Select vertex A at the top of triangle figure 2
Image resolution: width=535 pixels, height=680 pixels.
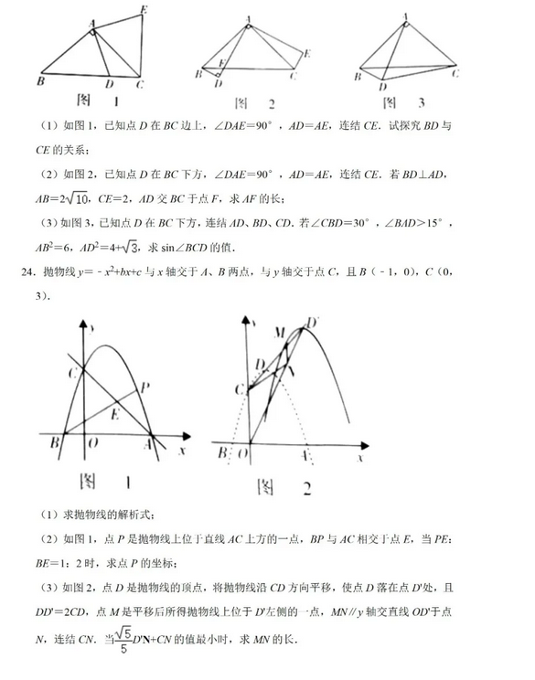pyautogui.click(x=250, y=19)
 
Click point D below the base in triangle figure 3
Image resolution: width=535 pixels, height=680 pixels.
pyautogui.click(x=380, y=87)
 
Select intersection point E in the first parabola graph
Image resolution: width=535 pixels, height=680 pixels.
pyautogui.click(x=113, y=413)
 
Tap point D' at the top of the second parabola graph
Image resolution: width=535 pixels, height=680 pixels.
pyautogui.click(x=312, y=321)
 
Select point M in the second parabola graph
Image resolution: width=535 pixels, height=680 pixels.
pyautogui.click(x=280, y=330)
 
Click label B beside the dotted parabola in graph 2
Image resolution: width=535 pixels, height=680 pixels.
pyautogui.click(x=219, y=452)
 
